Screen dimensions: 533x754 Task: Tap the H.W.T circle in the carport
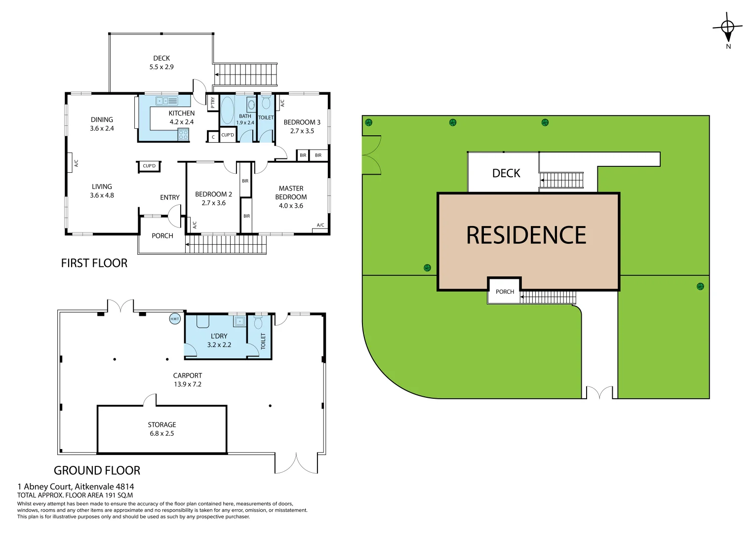tap(175, 319)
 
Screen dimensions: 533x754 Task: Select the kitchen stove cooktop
tap(183, 133)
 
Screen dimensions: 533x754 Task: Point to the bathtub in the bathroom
tap(227, 110)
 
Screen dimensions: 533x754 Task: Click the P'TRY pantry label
tap(212, 102)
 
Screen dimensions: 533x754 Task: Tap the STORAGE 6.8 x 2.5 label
tap(162, 429)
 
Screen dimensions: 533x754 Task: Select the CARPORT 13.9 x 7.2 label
tap(187, 380)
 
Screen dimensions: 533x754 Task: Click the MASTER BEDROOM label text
tap(291, 192)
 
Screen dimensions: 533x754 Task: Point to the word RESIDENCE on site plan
tap(526, 235)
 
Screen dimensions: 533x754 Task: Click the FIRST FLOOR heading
tap(94, 263)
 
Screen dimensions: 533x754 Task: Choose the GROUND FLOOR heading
tap(97, 470)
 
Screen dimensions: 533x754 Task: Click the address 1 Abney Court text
tap(76, 486)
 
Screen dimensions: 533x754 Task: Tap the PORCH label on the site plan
tap(505, 292)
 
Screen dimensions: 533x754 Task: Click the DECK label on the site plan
tap(506, 173)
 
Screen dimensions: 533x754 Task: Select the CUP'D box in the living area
tap(149, 166)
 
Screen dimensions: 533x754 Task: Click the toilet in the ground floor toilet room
tap(258, 323)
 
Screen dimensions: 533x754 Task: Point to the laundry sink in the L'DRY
tap(240, 321)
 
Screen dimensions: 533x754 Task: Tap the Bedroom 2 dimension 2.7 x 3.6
tap(213, 203)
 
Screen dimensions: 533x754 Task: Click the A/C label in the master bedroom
tap(320, 225)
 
